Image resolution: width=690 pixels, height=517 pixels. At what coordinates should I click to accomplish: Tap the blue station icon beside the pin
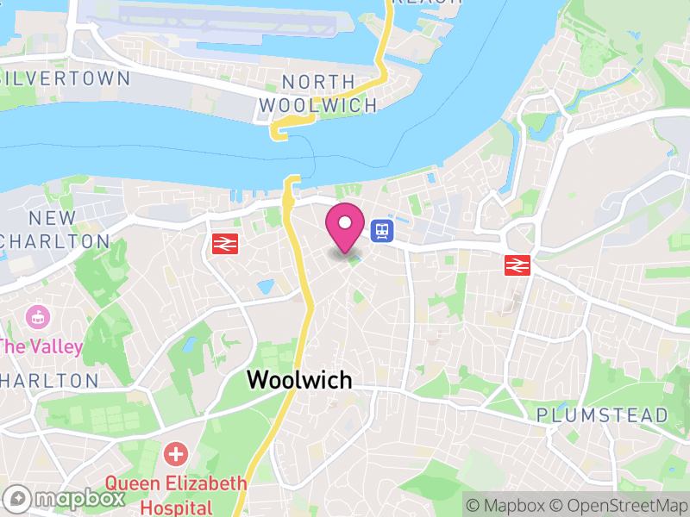click(381, 230)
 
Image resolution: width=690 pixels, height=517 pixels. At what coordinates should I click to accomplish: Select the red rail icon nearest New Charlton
click(225, 244)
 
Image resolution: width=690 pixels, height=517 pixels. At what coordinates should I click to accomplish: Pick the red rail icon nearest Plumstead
click(517, 265)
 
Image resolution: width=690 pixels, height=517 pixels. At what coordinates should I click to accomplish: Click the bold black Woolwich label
click(299, 379)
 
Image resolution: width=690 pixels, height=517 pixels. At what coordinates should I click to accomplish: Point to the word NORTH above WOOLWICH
click(318, 83)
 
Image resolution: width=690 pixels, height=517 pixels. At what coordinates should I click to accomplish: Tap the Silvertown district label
click(67, 78)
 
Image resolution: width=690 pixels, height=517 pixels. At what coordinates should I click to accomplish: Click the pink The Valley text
click(41, 347)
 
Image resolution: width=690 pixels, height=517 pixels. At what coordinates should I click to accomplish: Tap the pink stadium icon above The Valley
click(37, 316)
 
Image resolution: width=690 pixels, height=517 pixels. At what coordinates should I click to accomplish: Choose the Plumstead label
click(602, 415)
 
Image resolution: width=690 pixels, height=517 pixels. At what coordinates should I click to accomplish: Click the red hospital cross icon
click(176, 453)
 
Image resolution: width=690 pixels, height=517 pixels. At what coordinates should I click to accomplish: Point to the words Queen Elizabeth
click(176, 483)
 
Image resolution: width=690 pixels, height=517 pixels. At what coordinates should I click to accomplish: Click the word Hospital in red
click(176, 507)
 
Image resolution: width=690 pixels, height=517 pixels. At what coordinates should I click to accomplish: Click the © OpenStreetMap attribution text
click(621, 505)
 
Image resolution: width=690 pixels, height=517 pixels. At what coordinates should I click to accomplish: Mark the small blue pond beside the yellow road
click(265, 285)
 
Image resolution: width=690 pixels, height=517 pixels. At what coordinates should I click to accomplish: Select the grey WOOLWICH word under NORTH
click(318, 106)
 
